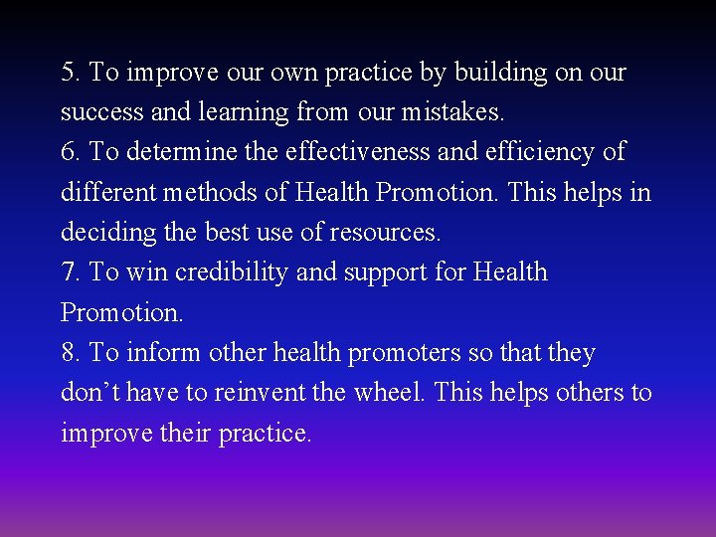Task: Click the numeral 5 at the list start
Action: tap(68, 73)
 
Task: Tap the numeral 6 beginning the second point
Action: tap(68, 152)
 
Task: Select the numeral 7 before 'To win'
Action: tap(68, 272)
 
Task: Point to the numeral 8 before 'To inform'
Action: tap(68, 353)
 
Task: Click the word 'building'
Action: tap(498, 74)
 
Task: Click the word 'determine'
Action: tap(179, 152)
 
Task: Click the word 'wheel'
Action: tap(393, 393)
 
